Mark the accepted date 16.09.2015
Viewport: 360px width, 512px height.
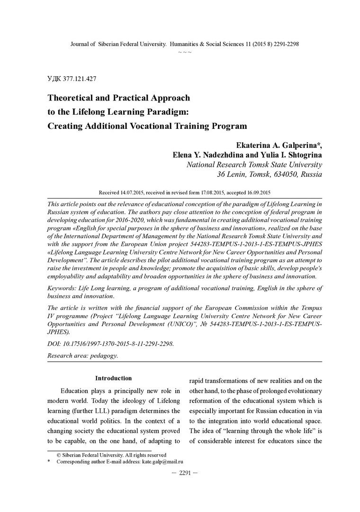pos(256,193)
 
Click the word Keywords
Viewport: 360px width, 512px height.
pos(63,288)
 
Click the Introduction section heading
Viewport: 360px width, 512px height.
pos(113,378)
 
